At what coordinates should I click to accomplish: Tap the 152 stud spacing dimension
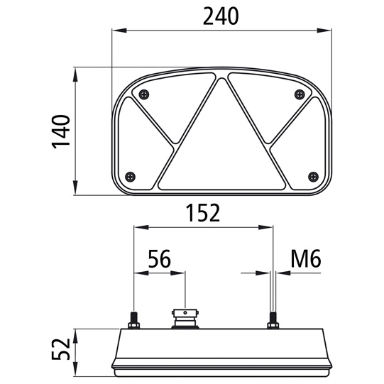(x=202, y=212)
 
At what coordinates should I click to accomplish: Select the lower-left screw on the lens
(x=129, y=176)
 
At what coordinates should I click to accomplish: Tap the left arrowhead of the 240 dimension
(x=118, y=31)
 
